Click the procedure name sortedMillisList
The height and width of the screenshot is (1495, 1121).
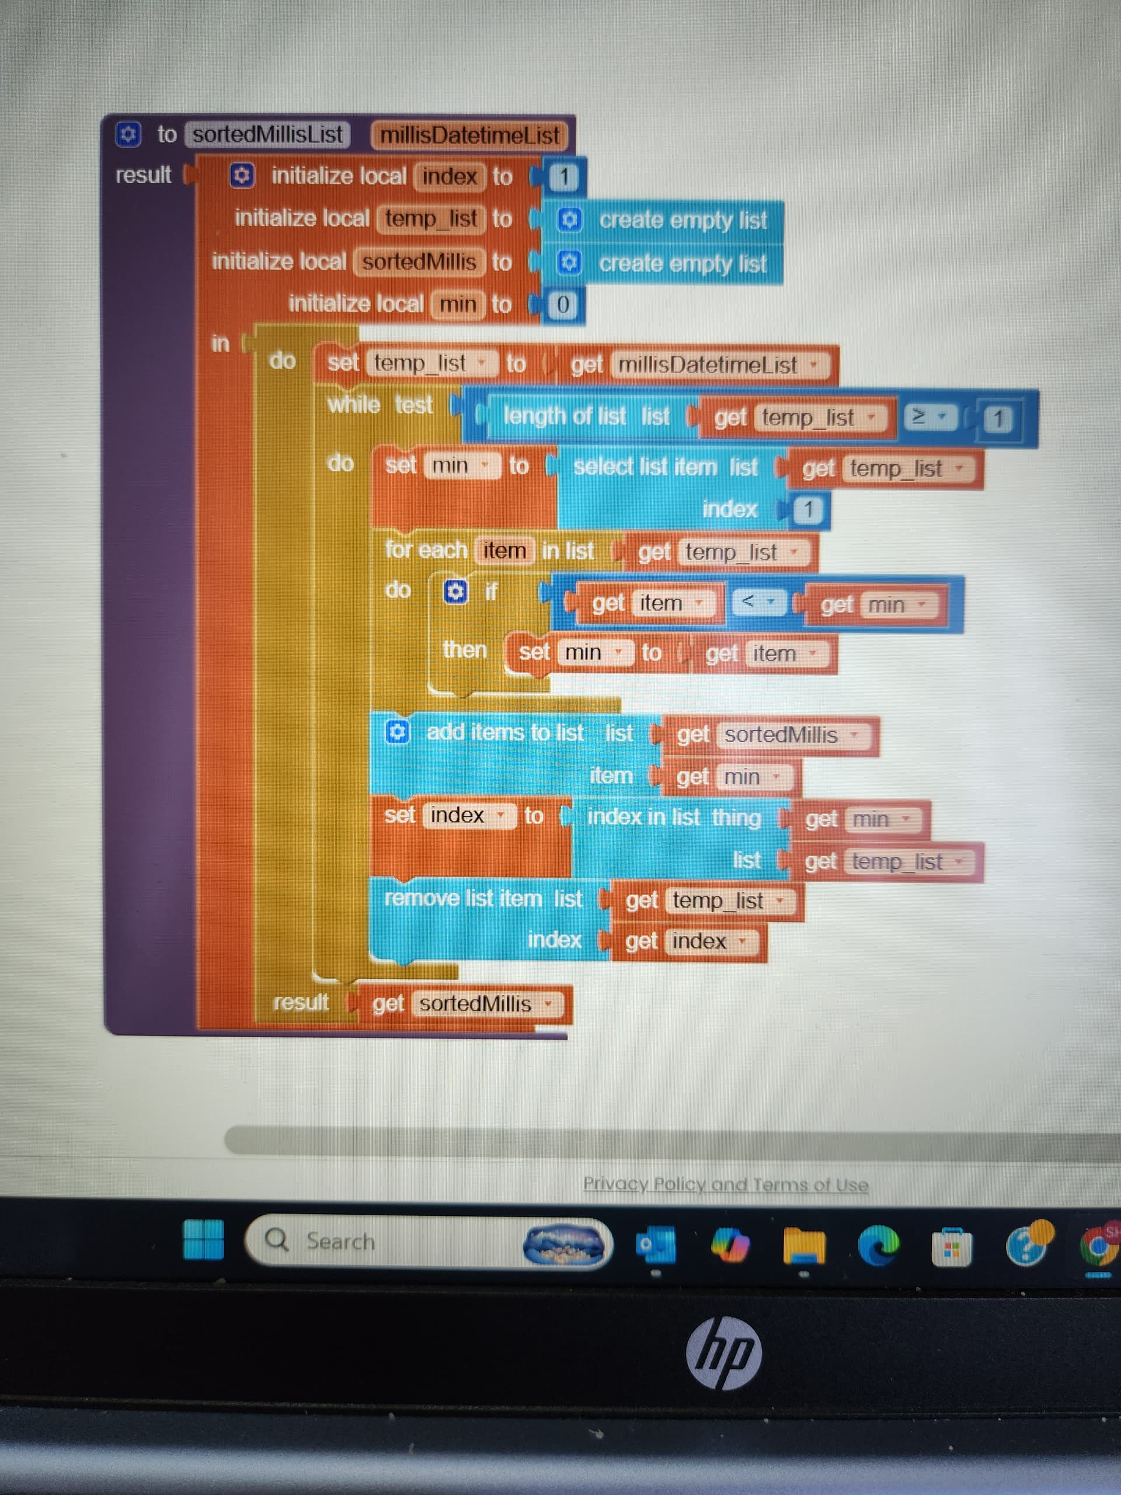click(x=267, y=134)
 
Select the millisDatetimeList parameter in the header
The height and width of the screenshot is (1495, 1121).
click(x=469, y=135)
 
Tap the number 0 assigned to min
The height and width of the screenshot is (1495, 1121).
click(x=562, y=305)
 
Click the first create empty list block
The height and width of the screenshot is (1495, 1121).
click(x=683, y=220)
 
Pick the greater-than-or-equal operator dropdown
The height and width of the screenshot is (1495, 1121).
click(x=929, y=417)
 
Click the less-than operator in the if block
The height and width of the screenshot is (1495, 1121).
click(x=756, y=601)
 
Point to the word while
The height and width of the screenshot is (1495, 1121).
click(x=353, y=405)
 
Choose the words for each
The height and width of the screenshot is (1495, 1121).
click(x=426, y=550)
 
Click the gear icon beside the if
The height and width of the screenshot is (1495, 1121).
click(x=455, y=592)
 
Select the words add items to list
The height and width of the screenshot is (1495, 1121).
click(x=505, y=733)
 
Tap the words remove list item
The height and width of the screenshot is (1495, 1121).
click(x=463, y=899)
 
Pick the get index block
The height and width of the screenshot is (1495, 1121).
click(x=688, y=941)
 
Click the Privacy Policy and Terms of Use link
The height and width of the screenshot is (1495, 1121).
click(x=725, y=1185)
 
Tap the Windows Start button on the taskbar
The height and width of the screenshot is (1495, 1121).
click(x=203, y=1240)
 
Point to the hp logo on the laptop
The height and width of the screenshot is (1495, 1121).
click(x=723, y=1353)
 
